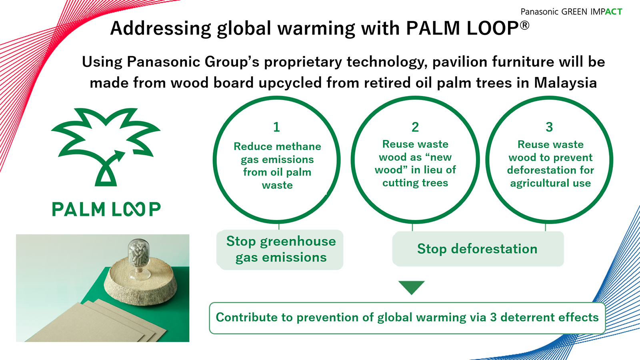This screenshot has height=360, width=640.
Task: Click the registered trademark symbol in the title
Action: tap(524, 25)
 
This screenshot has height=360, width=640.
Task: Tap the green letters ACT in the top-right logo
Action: tap(614, 12)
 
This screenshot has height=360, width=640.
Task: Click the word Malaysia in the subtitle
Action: tap(566, 83)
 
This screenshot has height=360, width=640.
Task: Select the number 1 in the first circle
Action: tap(276, 127)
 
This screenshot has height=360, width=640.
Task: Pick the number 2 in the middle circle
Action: tap(415, 127)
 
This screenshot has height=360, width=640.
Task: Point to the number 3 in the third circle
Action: tap(549, 127)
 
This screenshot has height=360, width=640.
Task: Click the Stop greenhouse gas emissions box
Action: tap(280, 250)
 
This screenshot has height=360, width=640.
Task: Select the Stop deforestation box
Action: tap(478, 249)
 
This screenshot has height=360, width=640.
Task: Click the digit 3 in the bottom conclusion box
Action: tap(493, 318)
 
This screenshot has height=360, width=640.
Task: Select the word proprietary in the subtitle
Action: tap(302, 62)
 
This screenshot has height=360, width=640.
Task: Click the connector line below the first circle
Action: tap(279, 226)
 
